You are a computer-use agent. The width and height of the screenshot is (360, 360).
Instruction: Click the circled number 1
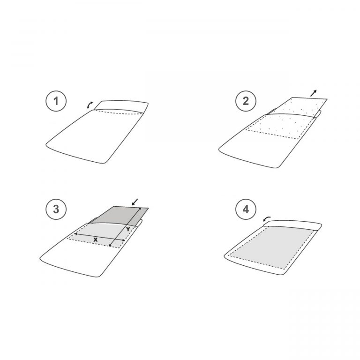[56, 101]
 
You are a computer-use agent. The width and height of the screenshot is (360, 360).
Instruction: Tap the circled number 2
[246, 101]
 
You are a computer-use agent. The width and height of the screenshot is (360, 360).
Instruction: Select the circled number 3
[56, 210]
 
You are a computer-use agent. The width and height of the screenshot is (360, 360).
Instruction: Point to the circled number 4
[246, 210]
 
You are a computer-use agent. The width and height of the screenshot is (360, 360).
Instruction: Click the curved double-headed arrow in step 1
[90, 105]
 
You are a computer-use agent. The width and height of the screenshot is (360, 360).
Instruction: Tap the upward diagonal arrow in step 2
[314, 93]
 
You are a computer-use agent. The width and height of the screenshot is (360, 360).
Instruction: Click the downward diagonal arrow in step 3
[135, 202]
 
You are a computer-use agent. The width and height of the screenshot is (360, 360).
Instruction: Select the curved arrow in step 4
[267, 219]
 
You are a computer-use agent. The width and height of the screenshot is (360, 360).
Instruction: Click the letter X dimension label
[96, 240]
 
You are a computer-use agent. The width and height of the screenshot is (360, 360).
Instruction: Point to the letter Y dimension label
[128, 229]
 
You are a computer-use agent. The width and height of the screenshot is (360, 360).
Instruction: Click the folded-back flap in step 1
[122, 105]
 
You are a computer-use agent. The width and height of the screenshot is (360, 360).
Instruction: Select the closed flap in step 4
[292, 225]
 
